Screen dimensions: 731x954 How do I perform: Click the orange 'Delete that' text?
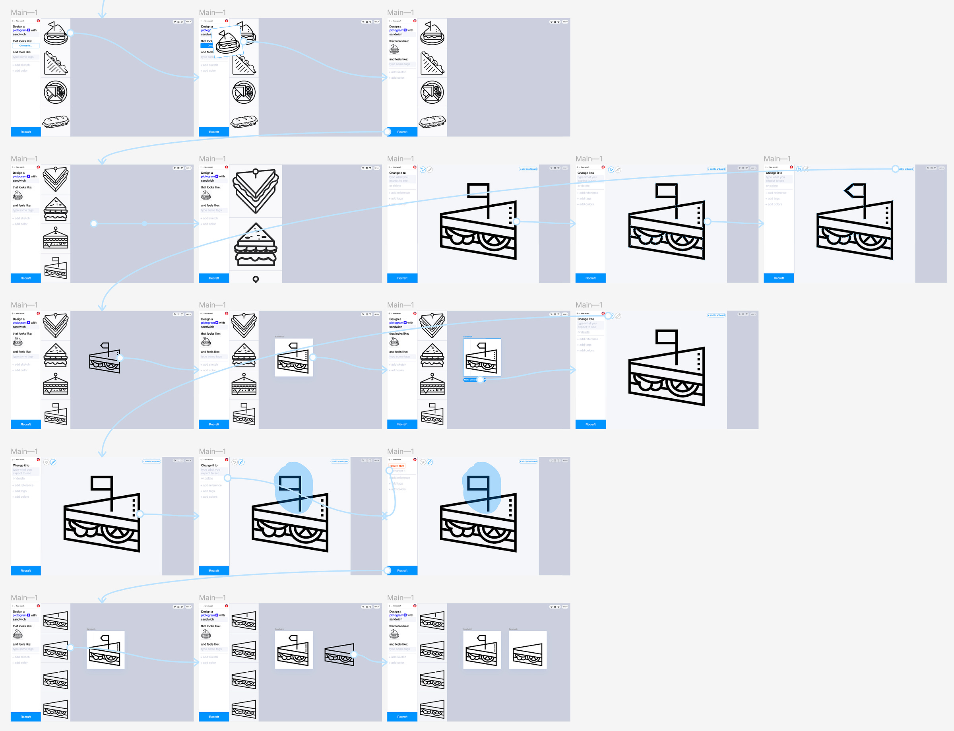pos(396,465)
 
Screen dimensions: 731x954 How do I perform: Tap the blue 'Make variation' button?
pos(470,380)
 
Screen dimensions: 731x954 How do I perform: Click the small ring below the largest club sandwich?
pos(256,279)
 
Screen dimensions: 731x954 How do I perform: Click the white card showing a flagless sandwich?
pos(527,650)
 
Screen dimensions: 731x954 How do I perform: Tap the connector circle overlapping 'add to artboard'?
pos(895,169)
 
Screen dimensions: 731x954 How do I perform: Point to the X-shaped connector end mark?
pos(384,516)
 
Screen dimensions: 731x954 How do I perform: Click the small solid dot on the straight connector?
pos(144,224)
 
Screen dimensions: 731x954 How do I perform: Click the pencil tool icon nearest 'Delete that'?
pos(429,462)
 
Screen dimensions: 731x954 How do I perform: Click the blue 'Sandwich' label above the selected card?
pos(467,336)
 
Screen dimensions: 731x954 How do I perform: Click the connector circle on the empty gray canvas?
pos(93,224)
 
